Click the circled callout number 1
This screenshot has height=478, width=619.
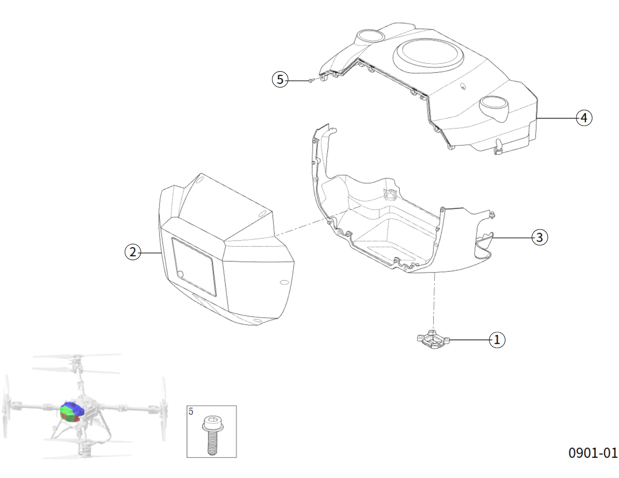click(497, 340)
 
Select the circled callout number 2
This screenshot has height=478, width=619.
click(133, 252)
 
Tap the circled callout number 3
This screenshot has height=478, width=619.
click(539, 238)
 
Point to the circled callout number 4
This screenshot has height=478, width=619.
click(584, 118)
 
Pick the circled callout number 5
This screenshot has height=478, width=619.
click(280, 79)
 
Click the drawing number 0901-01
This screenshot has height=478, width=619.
click(593, 453)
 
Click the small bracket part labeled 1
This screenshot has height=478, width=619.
click(433, 339)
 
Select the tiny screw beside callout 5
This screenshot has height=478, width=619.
click(311, 80)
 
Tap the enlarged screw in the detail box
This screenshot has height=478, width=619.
click(211, 435)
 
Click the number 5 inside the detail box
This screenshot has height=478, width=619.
click(191, 412)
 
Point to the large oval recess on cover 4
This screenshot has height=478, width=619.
click(428, 55)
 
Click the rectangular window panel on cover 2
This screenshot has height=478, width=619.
click(194, 267)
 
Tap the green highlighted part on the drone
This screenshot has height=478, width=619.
click(67, 411)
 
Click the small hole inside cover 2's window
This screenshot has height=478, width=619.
click(181, 274)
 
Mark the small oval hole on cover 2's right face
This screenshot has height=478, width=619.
click(284, 282)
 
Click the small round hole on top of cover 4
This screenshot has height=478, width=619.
click(463, 86)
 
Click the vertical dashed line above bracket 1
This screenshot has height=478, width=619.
click(434, 301)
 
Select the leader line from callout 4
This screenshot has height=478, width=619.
click(556, 118)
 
